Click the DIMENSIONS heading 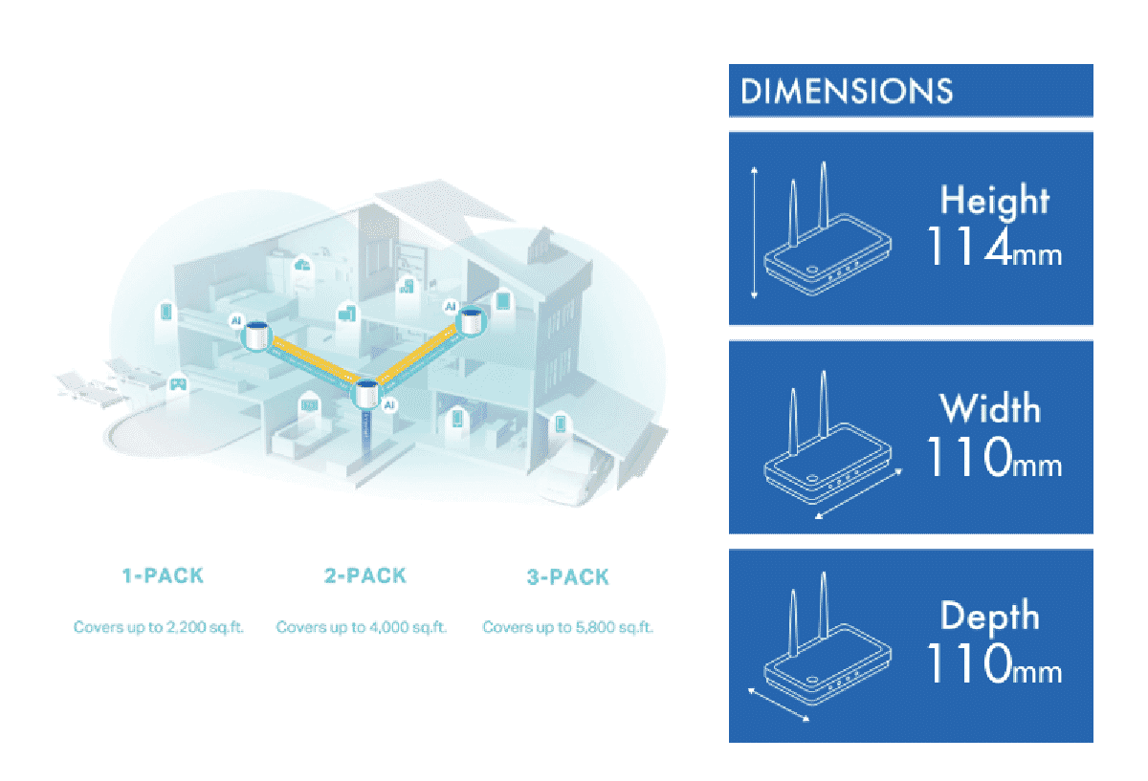click(847, 92)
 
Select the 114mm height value click(993, 248)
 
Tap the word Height click(994, 201)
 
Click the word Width click(990, 409)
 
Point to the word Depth click(990, 617)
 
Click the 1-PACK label click(163, 576)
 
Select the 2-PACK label click(364, 576)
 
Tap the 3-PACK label click(567, 577)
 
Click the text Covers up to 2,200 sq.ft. click(159, 628)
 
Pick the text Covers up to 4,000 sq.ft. click(362, 628)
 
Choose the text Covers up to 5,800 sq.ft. click(568, 628)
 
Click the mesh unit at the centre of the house click(368, 394)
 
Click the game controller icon click(177, 384)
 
